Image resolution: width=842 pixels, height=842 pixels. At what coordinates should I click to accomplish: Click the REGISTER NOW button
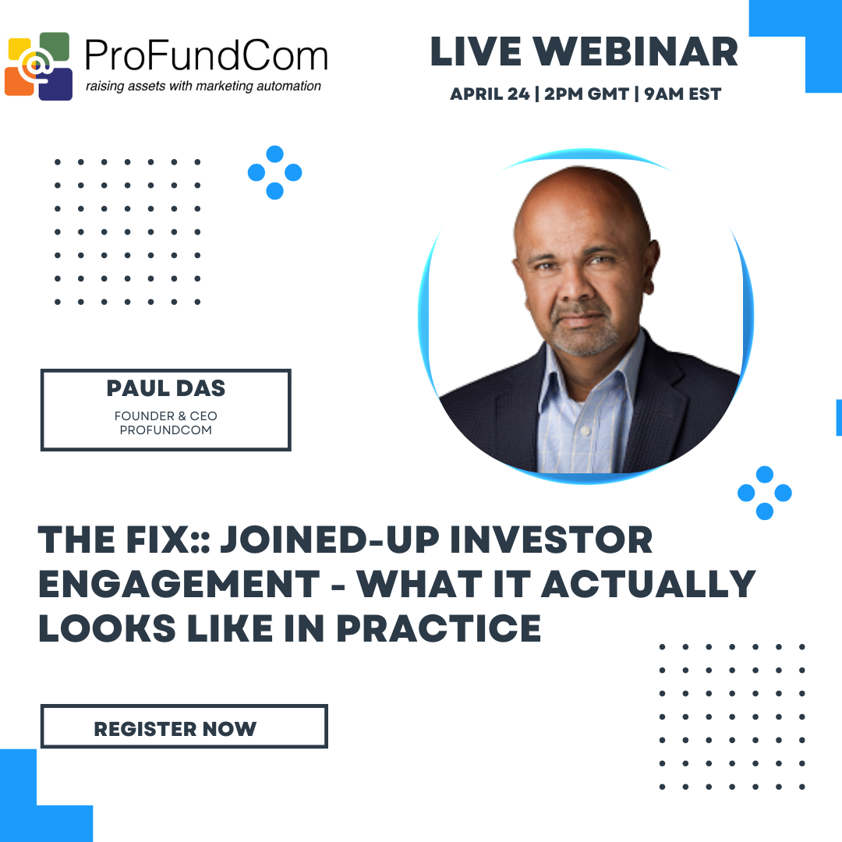coord(184,726)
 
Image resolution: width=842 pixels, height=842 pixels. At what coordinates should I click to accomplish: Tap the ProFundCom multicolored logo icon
coord(39,66)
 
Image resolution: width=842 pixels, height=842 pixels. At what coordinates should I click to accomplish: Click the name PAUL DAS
coord(166,388)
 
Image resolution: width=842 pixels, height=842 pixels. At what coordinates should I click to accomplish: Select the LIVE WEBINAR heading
coord(584,52)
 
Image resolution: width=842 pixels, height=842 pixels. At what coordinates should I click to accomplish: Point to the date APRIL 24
coord(490,94)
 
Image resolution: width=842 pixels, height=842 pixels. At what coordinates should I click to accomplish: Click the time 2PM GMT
coord(586,94)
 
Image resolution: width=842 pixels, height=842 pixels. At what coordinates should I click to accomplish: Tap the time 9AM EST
coord(682,94)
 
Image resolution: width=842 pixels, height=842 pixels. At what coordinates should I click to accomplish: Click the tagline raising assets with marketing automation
coord(203,87)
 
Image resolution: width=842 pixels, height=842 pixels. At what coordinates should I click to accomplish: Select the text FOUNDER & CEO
coord(166,416)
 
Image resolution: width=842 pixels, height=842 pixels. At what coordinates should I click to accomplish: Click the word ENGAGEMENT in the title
coord(179,584)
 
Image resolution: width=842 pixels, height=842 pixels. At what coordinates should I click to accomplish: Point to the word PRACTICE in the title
coord(439,628)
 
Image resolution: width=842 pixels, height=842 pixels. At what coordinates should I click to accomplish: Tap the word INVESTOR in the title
coord(551,540)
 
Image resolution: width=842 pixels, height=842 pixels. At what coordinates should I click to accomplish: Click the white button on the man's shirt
coord(586,430)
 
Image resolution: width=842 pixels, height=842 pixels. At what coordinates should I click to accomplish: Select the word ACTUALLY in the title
coord(649,584)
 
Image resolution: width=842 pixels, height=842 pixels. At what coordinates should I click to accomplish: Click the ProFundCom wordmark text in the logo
coord(206,55)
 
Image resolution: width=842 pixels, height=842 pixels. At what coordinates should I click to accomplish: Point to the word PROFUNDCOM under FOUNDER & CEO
coord(166,430)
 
